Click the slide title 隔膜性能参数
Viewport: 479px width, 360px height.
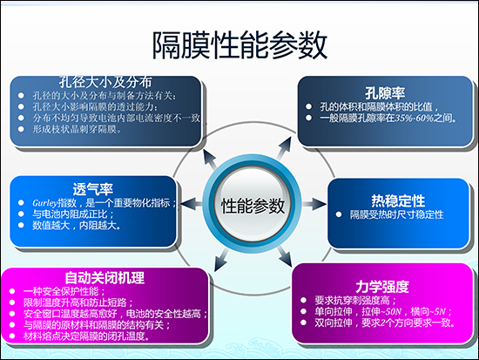(239, 44)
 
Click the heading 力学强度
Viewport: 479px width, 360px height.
(382, 285)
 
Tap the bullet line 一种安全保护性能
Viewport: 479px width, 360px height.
(63, 291)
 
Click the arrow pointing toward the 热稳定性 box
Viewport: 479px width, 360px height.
(311, 206)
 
